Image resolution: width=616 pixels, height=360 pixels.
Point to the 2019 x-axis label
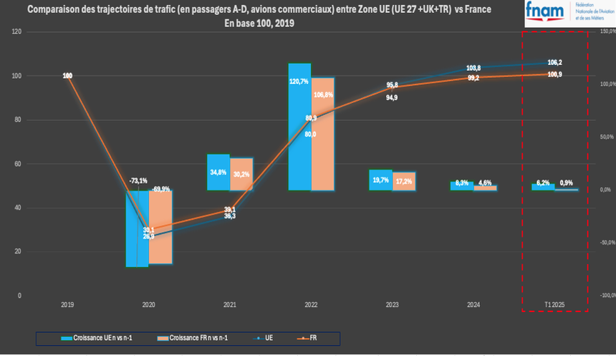67,306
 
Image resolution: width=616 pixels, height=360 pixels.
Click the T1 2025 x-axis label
554,306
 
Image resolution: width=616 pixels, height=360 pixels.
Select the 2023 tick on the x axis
392,306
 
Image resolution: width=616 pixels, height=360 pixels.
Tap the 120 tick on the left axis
16,32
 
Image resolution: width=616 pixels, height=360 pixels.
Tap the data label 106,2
554,62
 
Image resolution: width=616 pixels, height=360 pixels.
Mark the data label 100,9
554,75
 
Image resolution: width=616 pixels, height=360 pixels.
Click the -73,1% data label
138,180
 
